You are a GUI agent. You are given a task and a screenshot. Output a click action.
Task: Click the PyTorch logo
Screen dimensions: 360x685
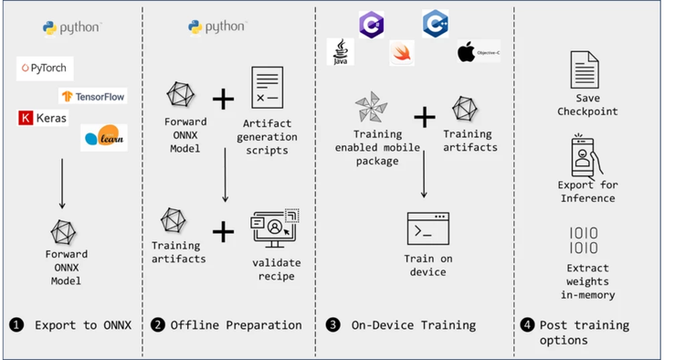coord(43,69)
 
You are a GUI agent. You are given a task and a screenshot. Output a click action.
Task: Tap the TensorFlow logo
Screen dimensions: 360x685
coord(92,95)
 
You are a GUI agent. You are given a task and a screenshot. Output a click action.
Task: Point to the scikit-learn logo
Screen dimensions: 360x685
coord(103,138)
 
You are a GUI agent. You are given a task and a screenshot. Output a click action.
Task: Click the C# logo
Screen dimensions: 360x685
coord(372,25)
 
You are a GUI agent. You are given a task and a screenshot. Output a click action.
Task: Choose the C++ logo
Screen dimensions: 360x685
coord(435,24)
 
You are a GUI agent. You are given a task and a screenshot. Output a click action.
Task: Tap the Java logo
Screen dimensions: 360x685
coord(340,51)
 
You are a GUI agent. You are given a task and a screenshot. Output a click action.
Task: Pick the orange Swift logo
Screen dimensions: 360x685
coord(401,52)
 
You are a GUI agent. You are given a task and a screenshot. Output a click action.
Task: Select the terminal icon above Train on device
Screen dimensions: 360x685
coord(427,228)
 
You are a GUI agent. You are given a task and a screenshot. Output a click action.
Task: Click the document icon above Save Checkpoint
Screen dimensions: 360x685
coord(585,70)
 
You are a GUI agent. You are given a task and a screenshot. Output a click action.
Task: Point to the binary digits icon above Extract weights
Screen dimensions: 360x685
coord(585,240)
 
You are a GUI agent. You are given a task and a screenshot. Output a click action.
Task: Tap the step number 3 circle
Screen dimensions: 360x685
coord(333,325)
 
